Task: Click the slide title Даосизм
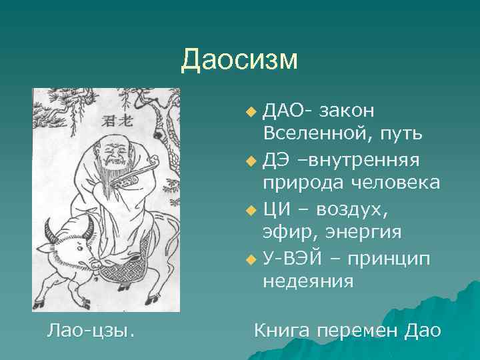(x=239, y=60)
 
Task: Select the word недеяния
(x=307, y=282)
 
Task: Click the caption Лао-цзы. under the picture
(x=90, y=330)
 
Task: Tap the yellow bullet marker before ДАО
(x=250, y=109)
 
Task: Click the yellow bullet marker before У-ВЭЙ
(x=250, y=259)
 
